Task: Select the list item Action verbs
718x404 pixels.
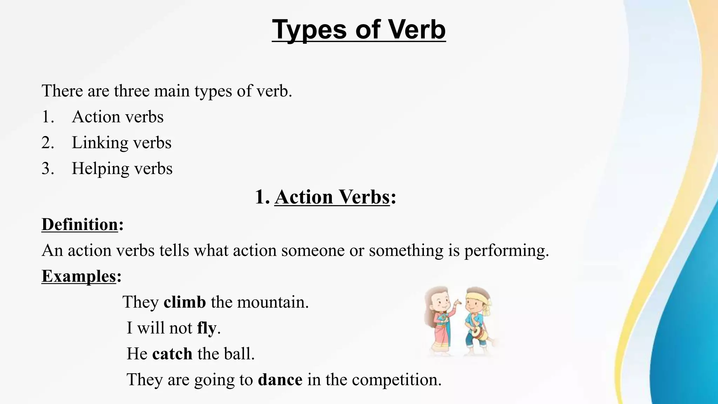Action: click(x=117, y=117)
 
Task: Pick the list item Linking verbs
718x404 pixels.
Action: click(x=121, y=143)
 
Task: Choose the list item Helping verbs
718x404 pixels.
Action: click(x=122, y=169)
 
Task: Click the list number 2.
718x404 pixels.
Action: click(x=47, y=143)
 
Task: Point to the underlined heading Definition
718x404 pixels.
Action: click(x=80, y=224)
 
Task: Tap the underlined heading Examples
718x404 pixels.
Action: click(x=79, y=276)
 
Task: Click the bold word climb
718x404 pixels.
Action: click(x=185, y=302)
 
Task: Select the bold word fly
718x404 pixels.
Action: click(x=206, y=328)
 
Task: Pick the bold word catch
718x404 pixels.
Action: click(x=172, y=353)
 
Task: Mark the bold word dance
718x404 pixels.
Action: click(x=280, y=379)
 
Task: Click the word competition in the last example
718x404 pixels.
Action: click(x=396, y=379)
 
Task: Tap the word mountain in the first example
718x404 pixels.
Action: click(x=272, y=302)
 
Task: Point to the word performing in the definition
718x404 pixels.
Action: click(x=506, y=251)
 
